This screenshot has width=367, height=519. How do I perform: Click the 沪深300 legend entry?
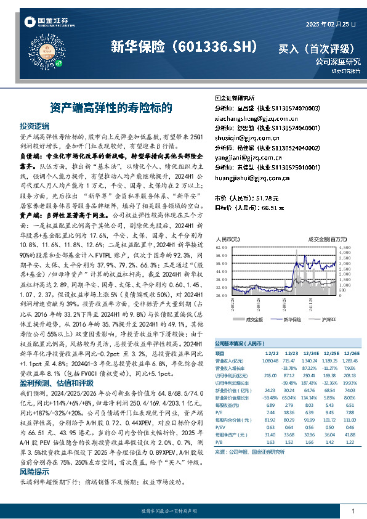click(x=329, y=320)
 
